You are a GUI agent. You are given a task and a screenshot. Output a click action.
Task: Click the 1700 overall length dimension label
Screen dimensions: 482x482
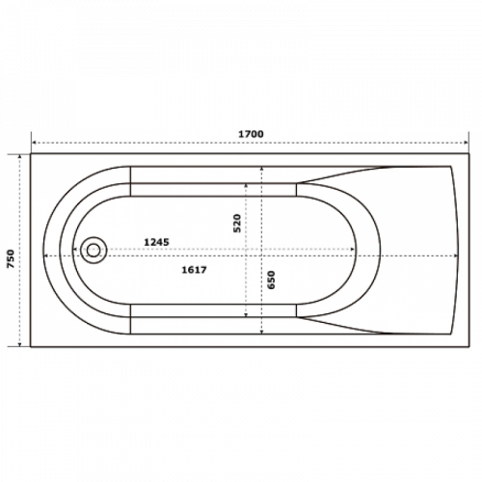pos(251,134)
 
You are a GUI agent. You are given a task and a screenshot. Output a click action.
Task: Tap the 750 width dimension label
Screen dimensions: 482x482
pos(11,259)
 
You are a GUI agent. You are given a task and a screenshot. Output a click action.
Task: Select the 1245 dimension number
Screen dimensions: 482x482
pos(156,242)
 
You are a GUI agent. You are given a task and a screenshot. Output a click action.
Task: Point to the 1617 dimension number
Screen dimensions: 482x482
pos(194,270)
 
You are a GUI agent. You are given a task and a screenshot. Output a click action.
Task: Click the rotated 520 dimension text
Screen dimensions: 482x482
pos(237,223)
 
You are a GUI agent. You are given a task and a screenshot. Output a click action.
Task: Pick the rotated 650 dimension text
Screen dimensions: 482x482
pos(272,280)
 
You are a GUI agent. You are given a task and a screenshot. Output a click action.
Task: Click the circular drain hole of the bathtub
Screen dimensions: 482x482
pos(94,250)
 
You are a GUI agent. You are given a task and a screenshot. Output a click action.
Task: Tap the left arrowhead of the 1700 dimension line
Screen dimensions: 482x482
pos(34,143)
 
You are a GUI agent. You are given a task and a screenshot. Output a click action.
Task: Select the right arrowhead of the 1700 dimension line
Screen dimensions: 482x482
pos(466,143)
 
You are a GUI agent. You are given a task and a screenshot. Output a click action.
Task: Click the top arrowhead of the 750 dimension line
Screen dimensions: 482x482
pos(20,157)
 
